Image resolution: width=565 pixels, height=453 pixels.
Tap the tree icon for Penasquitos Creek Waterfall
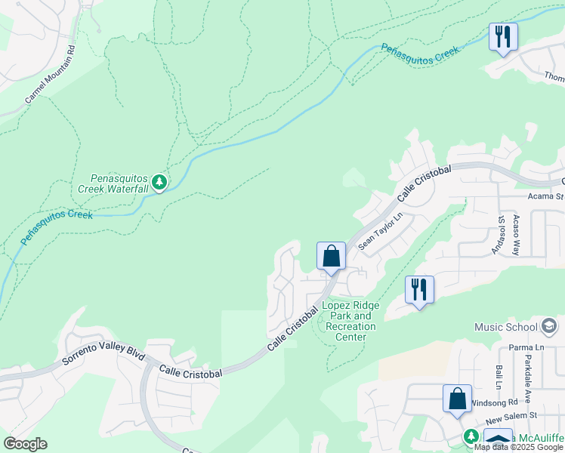(159, 182)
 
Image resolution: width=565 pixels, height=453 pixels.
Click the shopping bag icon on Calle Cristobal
(331, 256)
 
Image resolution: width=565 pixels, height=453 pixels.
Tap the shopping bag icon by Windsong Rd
(457, 399)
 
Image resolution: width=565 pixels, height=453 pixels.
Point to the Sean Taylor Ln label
(381, 231)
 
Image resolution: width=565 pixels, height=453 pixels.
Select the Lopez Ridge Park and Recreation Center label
(352, 321)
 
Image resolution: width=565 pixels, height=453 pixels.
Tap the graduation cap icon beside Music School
(549, 326)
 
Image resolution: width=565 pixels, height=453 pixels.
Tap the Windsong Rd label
(493, 403)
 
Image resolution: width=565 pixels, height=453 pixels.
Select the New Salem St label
(510, 416)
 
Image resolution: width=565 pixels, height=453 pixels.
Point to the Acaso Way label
(516, 233)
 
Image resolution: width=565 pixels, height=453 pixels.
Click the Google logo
(25, 444)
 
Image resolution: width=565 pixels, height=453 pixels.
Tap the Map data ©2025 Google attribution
(518, 447)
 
